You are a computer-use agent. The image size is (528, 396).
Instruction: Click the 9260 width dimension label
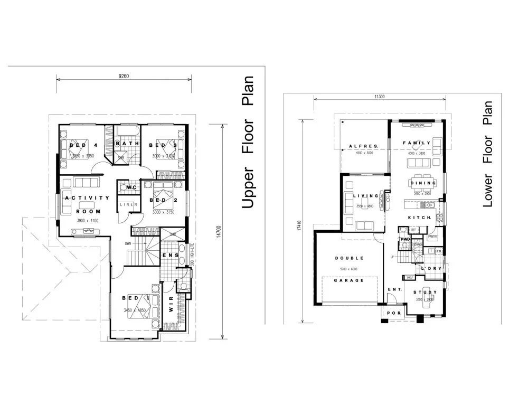[x=124, y=76]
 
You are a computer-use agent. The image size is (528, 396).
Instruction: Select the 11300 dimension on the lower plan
[x=379, y=96]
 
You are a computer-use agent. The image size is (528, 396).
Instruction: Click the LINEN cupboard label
[x=129, y=204]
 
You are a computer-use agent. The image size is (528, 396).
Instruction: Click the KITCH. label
[x=420, y=218]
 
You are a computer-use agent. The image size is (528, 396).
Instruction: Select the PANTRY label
[x=432, y=237]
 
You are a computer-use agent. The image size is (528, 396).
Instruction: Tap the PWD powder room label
[x=406, y=239]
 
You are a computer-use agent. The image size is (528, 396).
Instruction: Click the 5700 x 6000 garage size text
[x=348, y=269]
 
